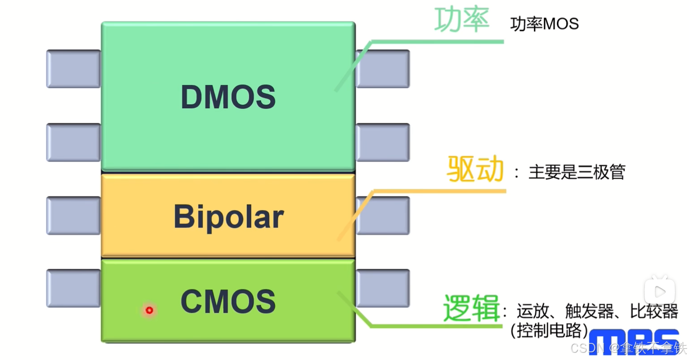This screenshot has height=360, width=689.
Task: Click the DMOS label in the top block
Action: click(x=228, y=97)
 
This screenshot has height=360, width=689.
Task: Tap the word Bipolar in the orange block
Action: click(x=228, y=217)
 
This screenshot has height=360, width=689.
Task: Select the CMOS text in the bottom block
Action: click(x=228, y=301)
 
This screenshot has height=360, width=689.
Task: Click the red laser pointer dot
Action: click(x=149, y=310)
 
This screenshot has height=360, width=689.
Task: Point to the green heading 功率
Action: click(x=462, y=20)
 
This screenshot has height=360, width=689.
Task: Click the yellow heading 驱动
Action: click(x=475, y=169)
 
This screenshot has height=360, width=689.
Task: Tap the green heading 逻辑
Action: click(x=471, y=308)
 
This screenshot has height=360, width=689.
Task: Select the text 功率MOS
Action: click(x=544, y=24)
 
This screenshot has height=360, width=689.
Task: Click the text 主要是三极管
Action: click(x=577, y=172)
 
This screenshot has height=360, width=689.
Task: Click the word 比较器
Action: click(x=653, y=311)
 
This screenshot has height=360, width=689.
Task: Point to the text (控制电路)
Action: click(x=549, y=330)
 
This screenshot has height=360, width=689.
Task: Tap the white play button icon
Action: click(x=659, y=292)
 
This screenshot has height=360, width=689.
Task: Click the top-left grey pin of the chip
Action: click(x=73, y=69)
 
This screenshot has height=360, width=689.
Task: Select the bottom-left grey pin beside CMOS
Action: click(x=73, y=288)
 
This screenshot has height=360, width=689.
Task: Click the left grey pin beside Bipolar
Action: click(x=73, y=215)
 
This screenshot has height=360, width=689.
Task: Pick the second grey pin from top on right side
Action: click(x=382, y=142)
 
